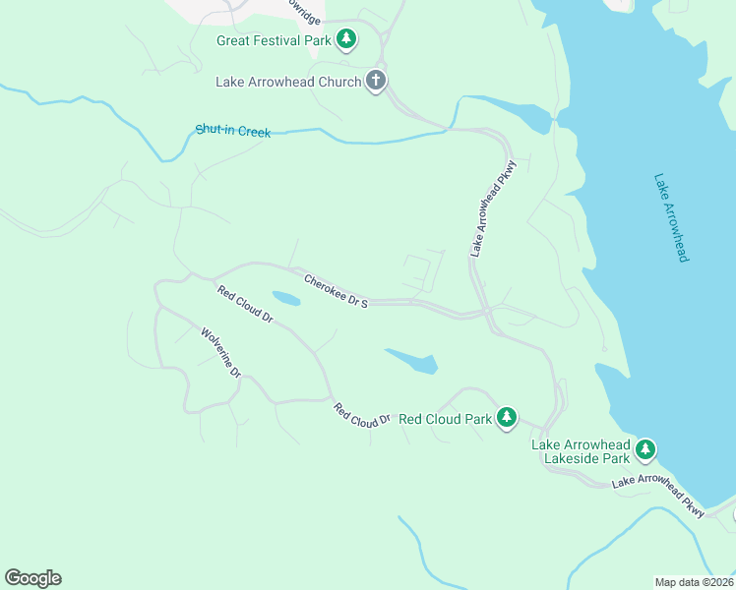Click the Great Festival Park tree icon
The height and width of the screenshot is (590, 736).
pos(345,39)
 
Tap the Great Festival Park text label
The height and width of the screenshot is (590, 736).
pos(273,40)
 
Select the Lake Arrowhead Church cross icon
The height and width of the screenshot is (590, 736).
pos(375,81)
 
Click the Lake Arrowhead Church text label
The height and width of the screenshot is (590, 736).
pos(288,82)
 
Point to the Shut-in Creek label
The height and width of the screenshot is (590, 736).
pos(233,130)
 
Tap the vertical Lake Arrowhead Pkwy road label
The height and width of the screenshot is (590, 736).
pos(492,208)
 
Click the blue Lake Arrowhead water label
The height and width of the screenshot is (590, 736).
pos(670,217)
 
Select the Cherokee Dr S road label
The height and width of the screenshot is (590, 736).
pos(336,291)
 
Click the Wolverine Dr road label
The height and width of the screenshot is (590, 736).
pos(221,353)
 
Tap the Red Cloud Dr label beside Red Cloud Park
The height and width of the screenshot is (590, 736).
pos(361,414)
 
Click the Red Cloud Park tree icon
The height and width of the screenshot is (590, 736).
pos(506,418)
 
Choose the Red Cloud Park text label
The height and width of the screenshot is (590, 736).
pos(445,419)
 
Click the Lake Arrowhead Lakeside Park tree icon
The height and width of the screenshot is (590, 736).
pos(644,450)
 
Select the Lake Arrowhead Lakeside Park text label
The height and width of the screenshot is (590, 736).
pos(581,451)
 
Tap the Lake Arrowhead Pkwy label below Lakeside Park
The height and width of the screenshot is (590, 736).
pos(658,495)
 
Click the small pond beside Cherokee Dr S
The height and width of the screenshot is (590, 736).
pos(286,298)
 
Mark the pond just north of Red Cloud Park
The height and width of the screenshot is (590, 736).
pos(414,360)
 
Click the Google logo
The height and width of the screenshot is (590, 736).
pos(32,578)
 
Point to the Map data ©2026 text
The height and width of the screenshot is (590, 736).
pos(695,582)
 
